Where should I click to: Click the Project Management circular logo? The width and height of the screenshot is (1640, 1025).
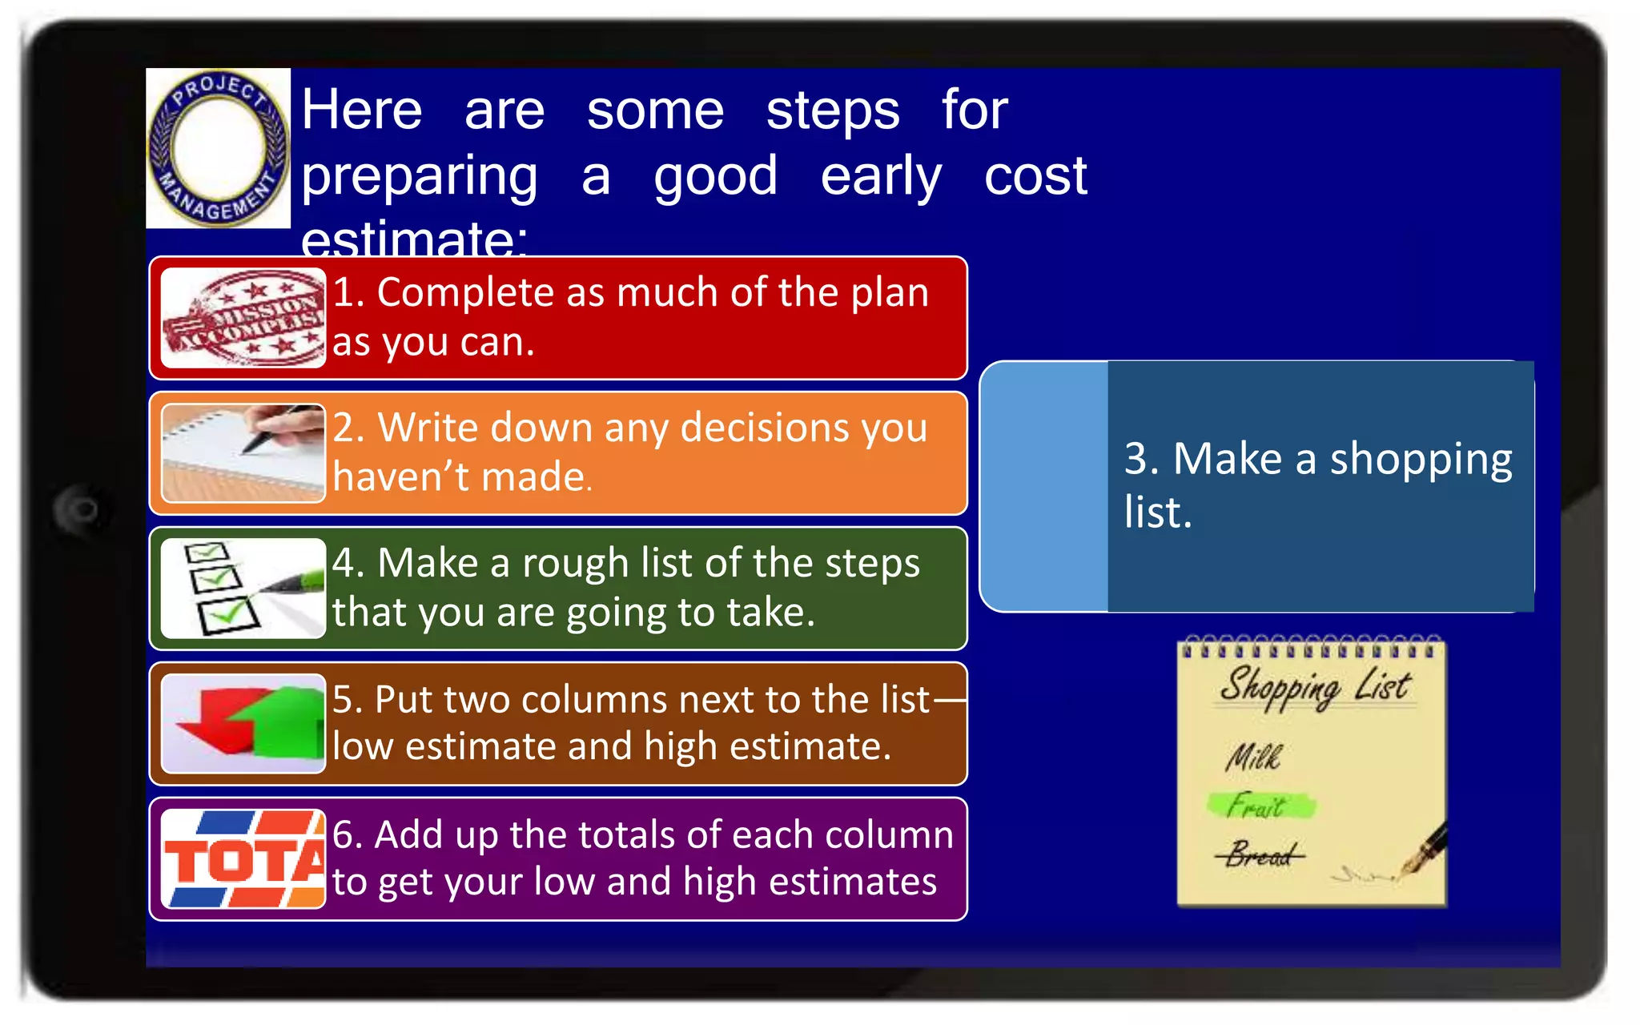(218, 148)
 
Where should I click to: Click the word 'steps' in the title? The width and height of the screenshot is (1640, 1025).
(832, 111)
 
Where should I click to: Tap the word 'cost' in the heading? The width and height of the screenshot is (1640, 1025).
(1035, 176)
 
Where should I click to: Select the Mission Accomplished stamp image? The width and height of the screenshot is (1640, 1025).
(243, 318)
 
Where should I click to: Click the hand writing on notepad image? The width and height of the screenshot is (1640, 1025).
(243, 453)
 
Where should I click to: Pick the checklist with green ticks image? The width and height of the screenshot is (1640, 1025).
(243, 589)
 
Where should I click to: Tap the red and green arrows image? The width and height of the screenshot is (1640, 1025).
(243, 724)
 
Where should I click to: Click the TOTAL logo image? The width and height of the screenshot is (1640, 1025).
(243, 859)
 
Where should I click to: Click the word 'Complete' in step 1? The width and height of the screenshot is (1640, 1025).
(464, 293)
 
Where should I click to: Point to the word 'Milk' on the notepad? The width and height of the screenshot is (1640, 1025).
(1252, 757)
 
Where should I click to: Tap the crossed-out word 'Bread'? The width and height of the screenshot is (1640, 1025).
(1259, 855)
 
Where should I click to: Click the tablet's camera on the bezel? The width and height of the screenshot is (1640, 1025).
(82, 509)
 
